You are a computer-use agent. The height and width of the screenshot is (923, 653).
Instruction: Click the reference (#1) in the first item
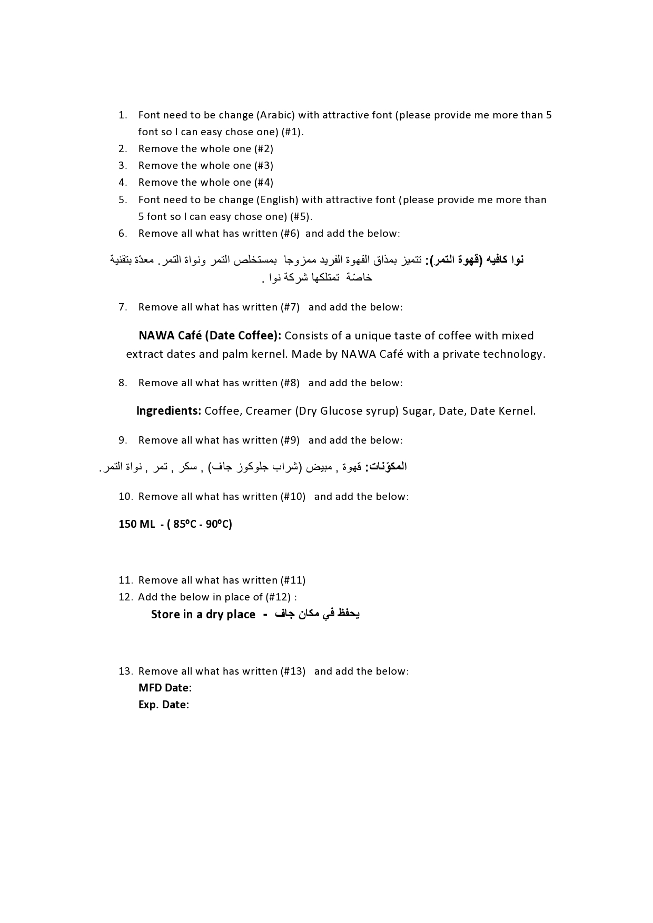290,132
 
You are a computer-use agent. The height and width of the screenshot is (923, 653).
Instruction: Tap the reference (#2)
263,149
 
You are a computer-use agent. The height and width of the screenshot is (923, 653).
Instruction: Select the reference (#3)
263,166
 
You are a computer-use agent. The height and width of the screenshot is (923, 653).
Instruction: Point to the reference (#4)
263,183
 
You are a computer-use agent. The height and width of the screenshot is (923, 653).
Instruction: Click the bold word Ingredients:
169,411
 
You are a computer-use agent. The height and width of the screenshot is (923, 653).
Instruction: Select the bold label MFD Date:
165,688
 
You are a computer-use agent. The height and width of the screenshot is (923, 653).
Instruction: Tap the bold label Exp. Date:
164,705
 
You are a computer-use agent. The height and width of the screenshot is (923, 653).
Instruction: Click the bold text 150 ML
136,524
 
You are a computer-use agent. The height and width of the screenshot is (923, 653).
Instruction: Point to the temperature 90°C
217,524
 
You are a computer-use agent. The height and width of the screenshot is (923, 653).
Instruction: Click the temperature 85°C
185,524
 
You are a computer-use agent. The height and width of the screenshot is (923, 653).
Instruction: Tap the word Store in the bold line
165,615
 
